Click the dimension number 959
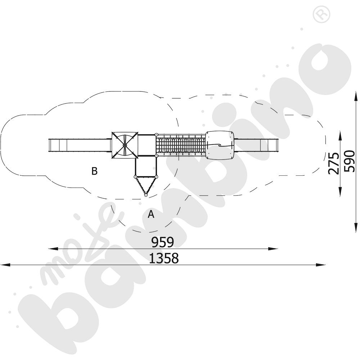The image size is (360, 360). click(x=163, y=242)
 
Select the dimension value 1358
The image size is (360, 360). click(x=164, y=258)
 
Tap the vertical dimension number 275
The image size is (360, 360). click(x=334, y=163)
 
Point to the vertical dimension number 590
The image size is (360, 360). click(x=350, y=161)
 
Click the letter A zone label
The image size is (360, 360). click(x=151, y=214)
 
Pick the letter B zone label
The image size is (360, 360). click(x=94, y=171)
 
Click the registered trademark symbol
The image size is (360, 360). click(x=321, y=14)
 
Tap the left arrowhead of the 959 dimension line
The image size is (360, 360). click(x=53, y=248)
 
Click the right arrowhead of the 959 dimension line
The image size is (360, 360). click(x=273, y=248)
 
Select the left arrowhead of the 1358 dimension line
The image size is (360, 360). click(x=5, y=265)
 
